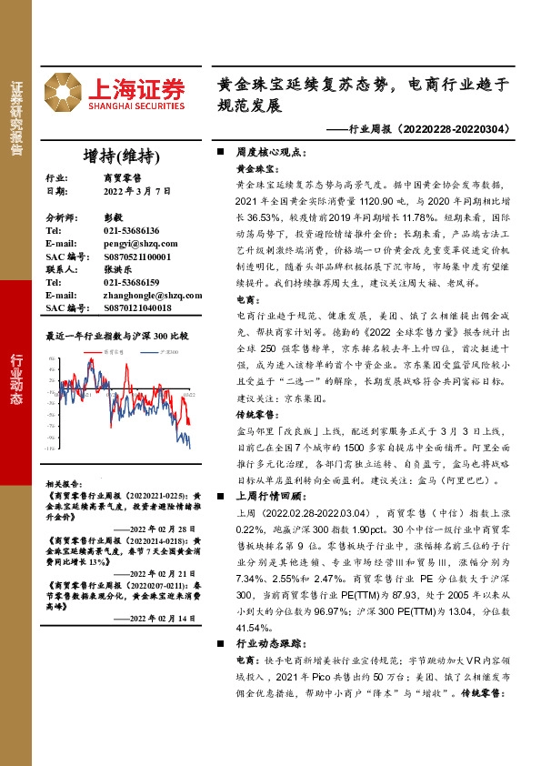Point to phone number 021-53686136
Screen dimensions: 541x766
(x=131, y=231)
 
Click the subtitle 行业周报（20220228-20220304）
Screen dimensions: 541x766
(x=425, y=129)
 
